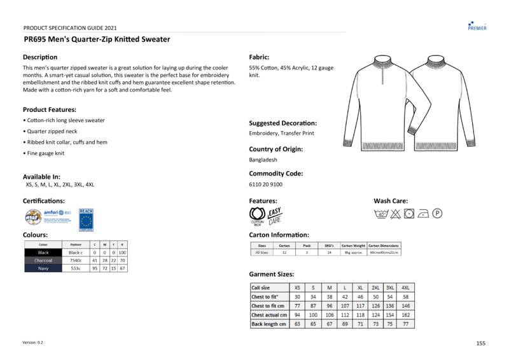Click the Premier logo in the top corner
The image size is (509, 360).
tap(477, 25)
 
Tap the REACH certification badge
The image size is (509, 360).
tap(86, 219)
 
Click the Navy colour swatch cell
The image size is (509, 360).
tap(43, 268)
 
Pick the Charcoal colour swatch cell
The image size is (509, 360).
tap(43, 260)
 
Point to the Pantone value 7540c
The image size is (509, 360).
tap(75, 260)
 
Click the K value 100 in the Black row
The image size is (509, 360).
tap(122, 253)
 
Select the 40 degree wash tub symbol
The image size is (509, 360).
tap(380, 214)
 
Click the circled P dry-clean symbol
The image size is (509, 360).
tap(438, 214)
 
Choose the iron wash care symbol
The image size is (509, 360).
tap(424, 214)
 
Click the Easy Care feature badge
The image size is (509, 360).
tap(275, 216)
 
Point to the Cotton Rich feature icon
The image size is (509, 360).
tap(258, 216)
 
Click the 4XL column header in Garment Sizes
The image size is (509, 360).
tap(406, 287)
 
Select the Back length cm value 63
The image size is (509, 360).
tap(297, 324)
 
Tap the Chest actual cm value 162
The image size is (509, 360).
tap(406, 315)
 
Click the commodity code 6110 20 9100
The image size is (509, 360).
tap(266, 184)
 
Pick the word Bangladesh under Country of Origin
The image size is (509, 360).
tap(263, 160)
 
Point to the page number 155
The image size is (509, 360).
tap(480, 343)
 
